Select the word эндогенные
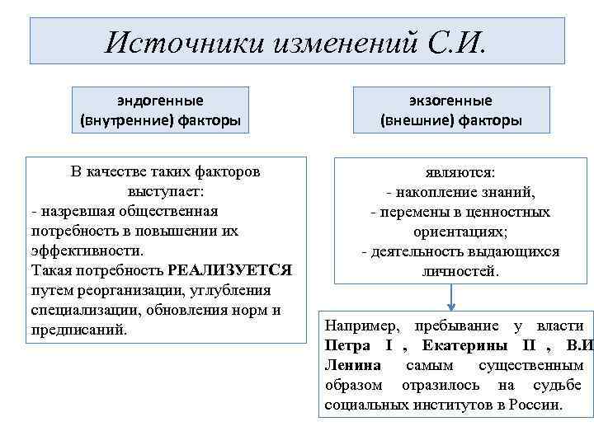tap(160, 101)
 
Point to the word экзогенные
tap(450, 101)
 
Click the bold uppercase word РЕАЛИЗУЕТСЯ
tap(229, 270)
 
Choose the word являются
tap(460, 173)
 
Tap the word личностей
tap(460, 271)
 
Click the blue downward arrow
tap(452, 297)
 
